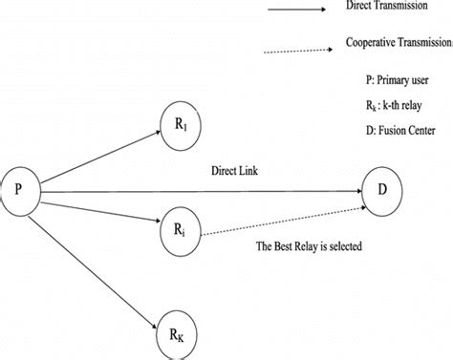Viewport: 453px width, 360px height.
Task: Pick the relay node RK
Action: [x=178, y=335]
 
